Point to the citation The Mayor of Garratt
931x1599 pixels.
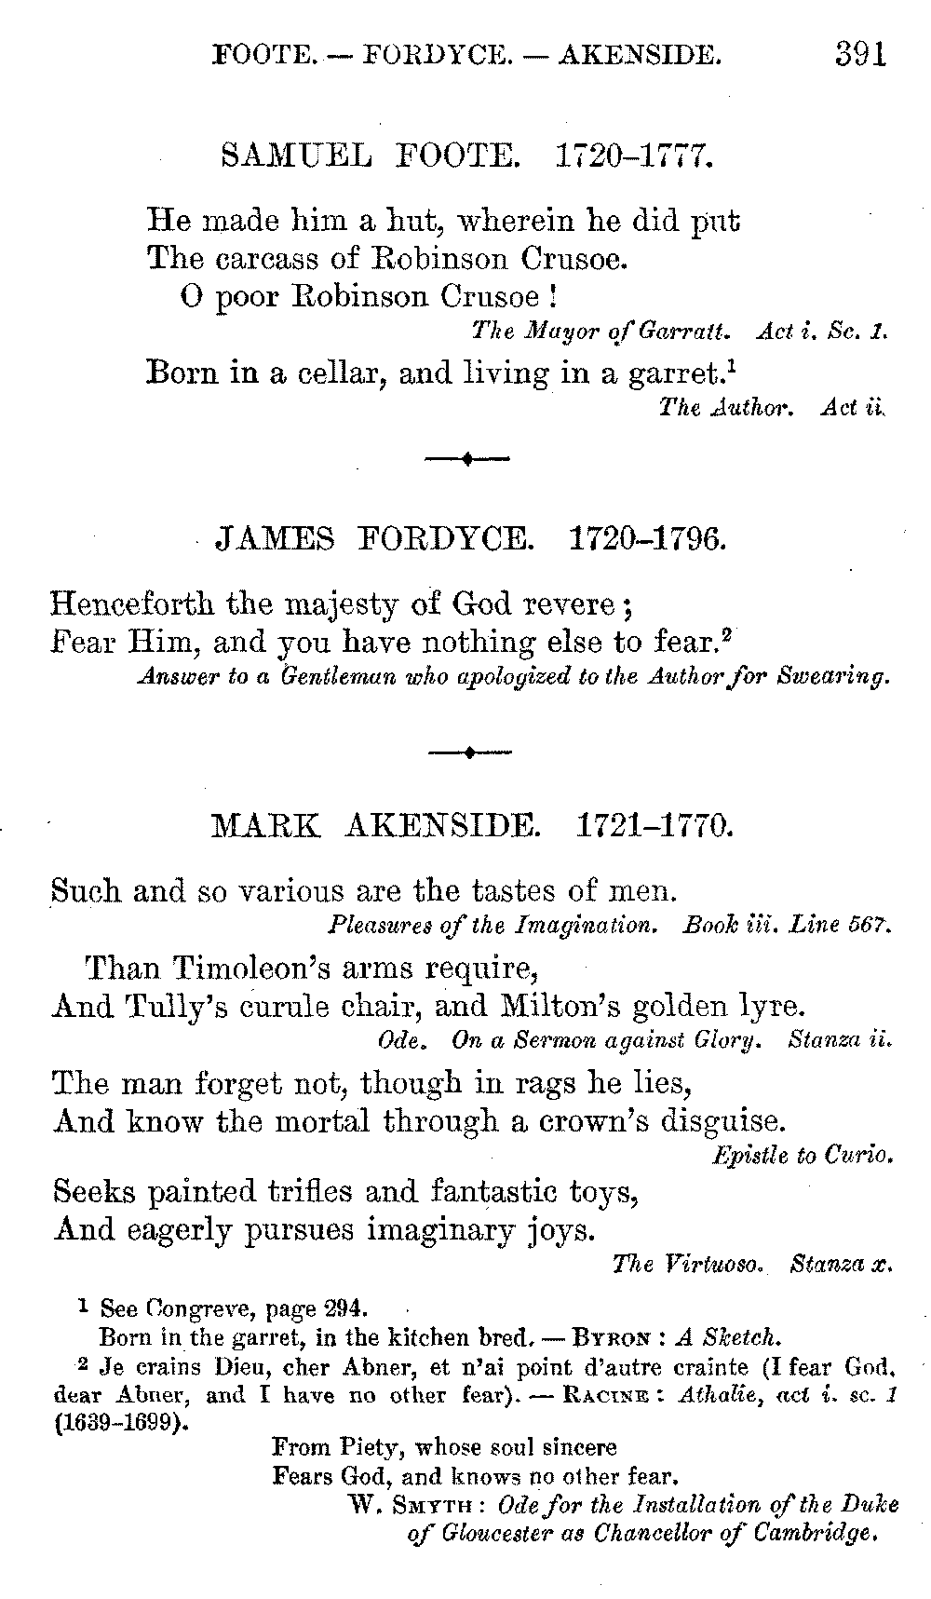(x=602, y=331)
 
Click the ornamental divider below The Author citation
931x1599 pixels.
(x=466, y=458)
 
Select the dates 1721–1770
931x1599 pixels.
(x=651, y=825)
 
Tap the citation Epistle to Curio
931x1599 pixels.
(x=803, y=1156)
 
